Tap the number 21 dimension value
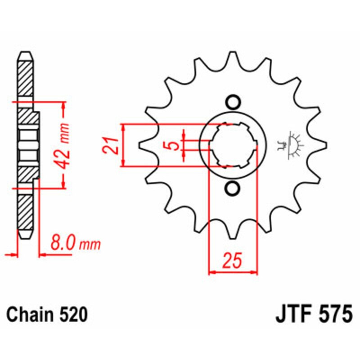[113, 145]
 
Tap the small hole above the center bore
[233, 102]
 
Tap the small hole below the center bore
[233, 189]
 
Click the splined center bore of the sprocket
[233, 145]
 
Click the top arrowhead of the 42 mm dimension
[64, 105]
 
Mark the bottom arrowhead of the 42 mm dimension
[64, 184]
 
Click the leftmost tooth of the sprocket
[143, 145]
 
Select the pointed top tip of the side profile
[26, 53]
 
